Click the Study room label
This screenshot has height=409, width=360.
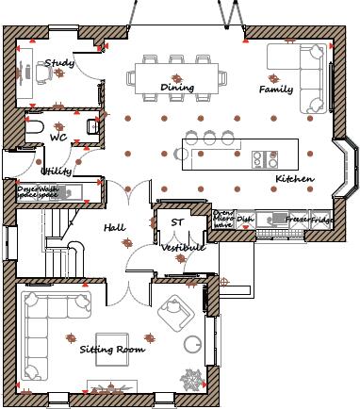[60, 63]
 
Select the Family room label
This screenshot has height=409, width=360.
[276, 90]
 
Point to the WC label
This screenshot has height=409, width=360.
[58, 138]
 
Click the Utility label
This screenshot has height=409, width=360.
[57, 171]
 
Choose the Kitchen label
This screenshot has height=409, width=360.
[293, 178]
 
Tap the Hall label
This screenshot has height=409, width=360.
[114, 228]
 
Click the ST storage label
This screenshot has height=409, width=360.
[176, 222]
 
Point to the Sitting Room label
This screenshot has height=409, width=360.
[112, 350]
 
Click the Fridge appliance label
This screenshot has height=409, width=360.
[322, 220]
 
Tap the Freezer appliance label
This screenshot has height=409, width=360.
[298, 220]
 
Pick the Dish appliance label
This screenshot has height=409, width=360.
[245, 220]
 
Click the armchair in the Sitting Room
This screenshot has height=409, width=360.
[174, 308]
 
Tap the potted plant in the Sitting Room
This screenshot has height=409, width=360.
[193, 379]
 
